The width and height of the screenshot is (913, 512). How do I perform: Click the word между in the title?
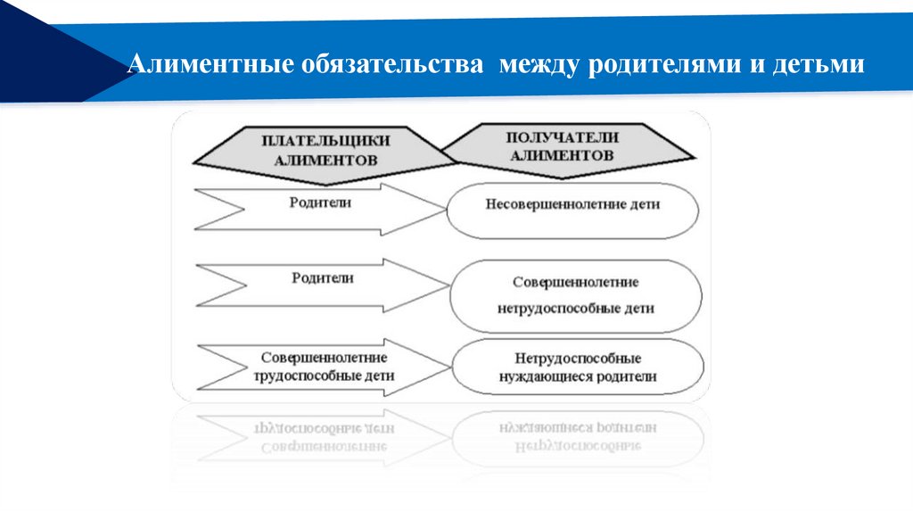538,66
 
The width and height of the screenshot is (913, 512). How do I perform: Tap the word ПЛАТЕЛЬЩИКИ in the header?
326,140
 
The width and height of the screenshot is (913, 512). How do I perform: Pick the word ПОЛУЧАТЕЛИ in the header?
563,137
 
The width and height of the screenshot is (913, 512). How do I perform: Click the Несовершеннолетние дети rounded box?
572,209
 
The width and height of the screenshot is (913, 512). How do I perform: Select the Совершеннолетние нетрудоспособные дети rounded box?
575,295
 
